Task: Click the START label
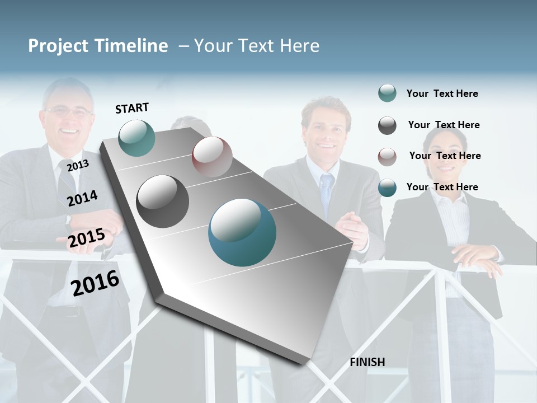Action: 132,108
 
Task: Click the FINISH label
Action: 367,362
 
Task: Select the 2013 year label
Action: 78,165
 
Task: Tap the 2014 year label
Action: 82,198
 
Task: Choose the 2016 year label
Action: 95,283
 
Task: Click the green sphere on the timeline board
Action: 136,138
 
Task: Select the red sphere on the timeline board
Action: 212,157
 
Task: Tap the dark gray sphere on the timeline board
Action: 162,201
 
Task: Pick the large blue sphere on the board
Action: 242,232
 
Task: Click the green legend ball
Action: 387,93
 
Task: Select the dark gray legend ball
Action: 387,125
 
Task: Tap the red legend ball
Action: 387,157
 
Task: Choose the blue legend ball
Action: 387,188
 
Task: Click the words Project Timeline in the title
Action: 98,46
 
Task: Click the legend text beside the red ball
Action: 445,156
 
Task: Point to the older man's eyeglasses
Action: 68,112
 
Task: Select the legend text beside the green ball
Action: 442,93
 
